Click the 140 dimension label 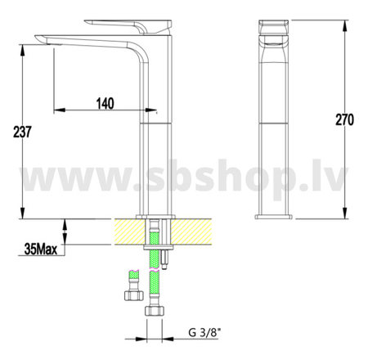point(105,104)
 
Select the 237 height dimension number point(22,132)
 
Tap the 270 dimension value point(344,119)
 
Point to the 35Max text point(41,249)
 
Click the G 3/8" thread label point(204,332)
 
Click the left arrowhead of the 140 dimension point(59,110)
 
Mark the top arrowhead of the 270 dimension point(345,25)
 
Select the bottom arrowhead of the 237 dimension point(22,213)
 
